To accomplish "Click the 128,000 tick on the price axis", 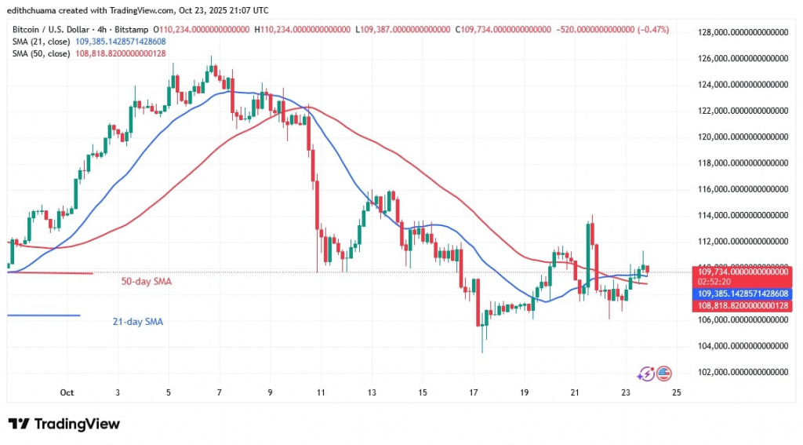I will tap(742, 32).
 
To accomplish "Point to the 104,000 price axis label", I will tap(742, 346).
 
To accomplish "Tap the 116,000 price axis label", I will tap(742, 189).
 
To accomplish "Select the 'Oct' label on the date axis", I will tap(67, 392).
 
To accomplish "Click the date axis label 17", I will tap(474, 392).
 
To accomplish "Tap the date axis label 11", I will tap(322, 392).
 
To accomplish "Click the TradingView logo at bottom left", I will tap(64, 424).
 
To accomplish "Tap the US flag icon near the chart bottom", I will tap(663, 374).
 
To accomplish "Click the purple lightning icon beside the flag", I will tap(646, 374).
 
